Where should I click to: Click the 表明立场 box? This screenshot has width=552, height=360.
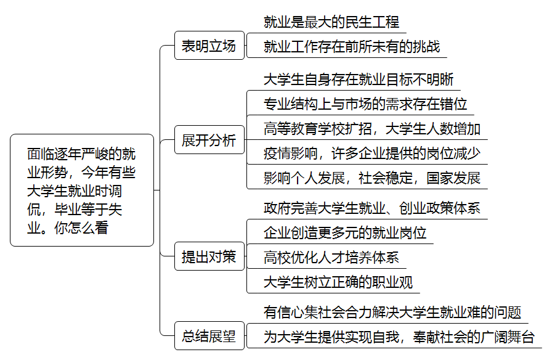(x=209, y=46)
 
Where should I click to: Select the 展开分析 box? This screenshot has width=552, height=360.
(x=209, y=140)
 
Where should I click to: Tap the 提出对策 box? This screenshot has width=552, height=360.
(x=209, y=256)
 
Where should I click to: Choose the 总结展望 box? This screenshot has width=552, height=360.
(x=209, y=336)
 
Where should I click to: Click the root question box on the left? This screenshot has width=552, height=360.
(x=82, y=190)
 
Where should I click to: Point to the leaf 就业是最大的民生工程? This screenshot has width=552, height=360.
(x=331, y=22)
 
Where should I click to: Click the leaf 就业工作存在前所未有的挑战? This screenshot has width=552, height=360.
(x=352, y=46)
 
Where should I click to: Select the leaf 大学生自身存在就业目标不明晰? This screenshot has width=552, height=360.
(x=359, y=80)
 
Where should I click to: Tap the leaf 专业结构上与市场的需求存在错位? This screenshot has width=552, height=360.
(x=365, y=104)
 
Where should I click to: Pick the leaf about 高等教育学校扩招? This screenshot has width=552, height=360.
(x=372, y=129)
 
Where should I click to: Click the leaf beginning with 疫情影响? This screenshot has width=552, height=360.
(x=372, y=153)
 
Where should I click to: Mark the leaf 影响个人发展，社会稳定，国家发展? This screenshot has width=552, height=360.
(x=372, y=178)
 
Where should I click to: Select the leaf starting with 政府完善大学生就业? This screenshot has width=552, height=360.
(x=372, y=208)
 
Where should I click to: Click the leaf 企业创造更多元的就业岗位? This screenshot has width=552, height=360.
(x=345, y=233)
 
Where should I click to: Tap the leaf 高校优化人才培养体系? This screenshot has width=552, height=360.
(x=331, y=258)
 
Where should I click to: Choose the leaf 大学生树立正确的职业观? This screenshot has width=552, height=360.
(x=338, y=282)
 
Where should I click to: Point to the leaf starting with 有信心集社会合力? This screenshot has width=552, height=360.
(x=392, y=313)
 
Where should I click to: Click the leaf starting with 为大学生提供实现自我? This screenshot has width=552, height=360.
(x=399, y=337)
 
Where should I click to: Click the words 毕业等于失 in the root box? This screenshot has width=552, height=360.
(x=88, y=210)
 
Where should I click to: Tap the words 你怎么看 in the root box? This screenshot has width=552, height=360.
(x=81, y=228)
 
